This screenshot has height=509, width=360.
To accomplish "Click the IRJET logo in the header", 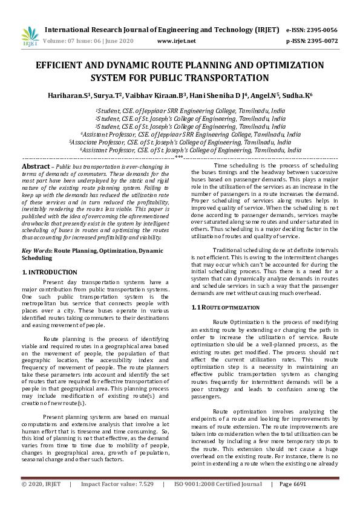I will pyautogui.click(x=30, y=36).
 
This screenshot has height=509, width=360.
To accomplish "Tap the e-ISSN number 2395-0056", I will pyautogui.click(x=321, y=30).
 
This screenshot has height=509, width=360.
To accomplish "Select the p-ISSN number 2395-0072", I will pyautogui.click(x=321, y=41).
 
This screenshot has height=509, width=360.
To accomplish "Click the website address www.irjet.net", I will pyautogui.click(x=176, y=41).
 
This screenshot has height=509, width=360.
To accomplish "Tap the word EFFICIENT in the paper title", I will pyautogui.click(x=64, y=66).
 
